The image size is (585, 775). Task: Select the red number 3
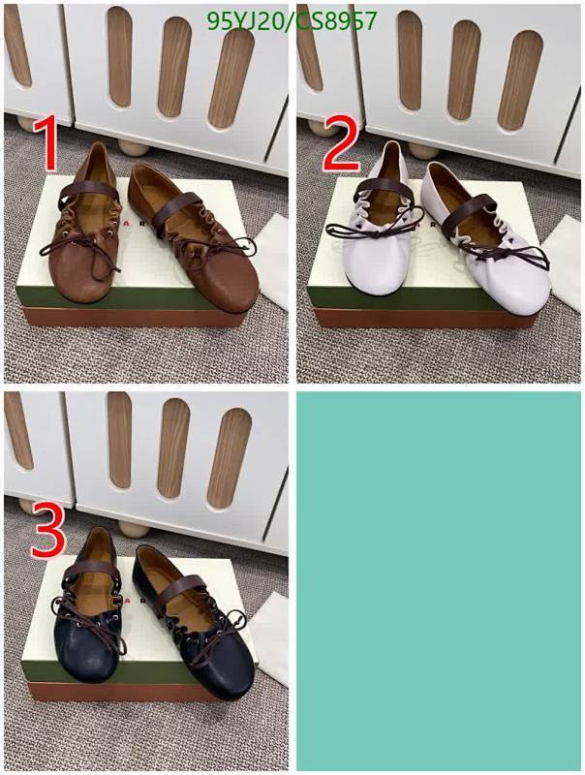click(x=48, y=530)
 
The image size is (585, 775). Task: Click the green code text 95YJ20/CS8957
click(x=292, y=22)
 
